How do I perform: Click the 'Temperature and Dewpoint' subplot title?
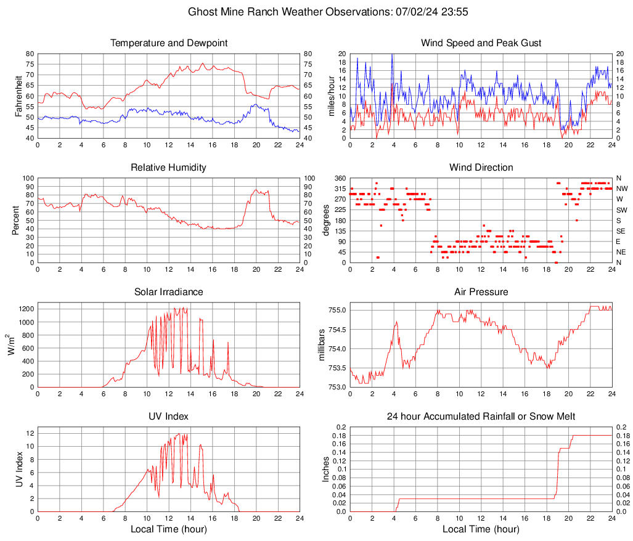coord(169,43)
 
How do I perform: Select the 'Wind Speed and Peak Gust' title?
coord(481,43)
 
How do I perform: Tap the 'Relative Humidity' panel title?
coord(169,168)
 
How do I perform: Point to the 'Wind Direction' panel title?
coord(481,168)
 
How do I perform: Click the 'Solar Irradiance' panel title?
coord(169,292)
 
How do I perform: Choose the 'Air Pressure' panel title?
coord(481,292)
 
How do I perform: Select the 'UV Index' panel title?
coord(169,417)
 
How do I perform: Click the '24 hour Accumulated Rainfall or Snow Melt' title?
coord(481,417)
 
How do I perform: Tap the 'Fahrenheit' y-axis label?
coord(17,96)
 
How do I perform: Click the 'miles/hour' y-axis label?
coord(330,96)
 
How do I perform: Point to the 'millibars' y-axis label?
coord(321,345)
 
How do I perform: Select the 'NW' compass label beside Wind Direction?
coord(621,189)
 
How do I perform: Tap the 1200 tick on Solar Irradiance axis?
coord(27,306)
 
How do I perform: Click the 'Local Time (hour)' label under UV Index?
coord(169,529)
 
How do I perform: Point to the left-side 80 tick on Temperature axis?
coord(30,54)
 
